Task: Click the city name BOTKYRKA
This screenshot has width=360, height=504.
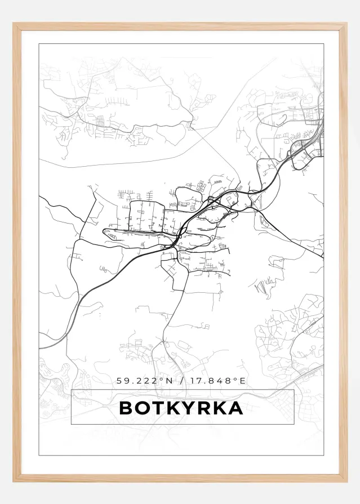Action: click(181, 408)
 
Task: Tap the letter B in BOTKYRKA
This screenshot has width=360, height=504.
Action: click(126, 408)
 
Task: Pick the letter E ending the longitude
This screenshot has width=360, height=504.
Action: click(243, 381)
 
